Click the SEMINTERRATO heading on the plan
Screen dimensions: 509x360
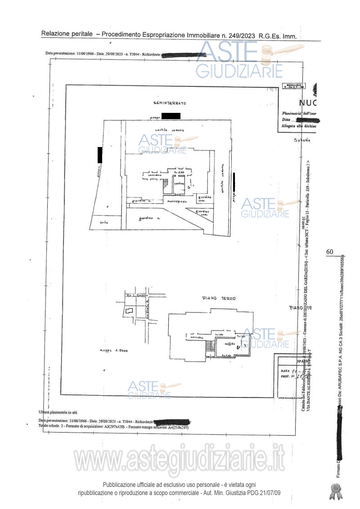(x=170, y=103)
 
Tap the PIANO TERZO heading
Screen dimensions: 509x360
(x=219, y=298)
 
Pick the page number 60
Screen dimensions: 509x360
(x=329, y=252)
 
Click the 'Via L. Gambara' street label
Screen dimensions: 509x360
(x=137, y=295)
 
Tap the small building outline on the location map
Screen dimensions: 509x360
(x=129, y=311)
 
